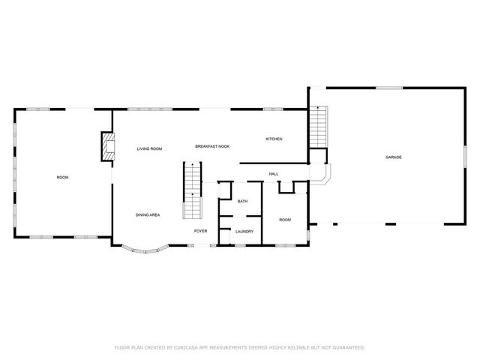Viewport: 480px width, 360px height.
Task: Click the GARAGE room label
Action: [x=393, y=157]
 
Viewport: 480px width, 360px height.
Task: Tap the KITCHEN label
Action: [x=274, y=140]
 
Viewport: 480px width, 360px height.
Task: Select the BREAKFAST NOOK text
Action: [x=212, y=146]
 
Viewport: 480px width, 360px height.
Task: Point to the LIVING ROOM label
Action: [x=149, y=149]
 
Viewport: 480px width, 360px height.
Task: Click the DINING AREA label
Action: [x=147, y=215]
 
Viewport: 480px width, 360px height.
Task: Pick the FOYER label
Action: [x=200, y=231]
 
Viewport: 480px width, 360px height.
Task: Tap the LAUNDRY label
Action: [x=244, y=232]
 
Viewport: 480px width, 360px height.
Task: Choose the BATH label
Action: [x=242, y=202]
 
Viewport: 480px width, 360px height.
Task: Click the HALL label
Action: [x=274, y=174]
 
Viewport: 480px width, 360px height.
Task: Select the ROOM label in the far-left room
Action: [x=62, y=177]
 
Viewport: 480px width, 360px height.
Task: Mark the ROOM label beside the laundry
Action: [x=285, y=220]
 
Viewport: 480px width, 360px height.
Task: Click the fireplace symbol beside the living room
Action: [x=108, y=147]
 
